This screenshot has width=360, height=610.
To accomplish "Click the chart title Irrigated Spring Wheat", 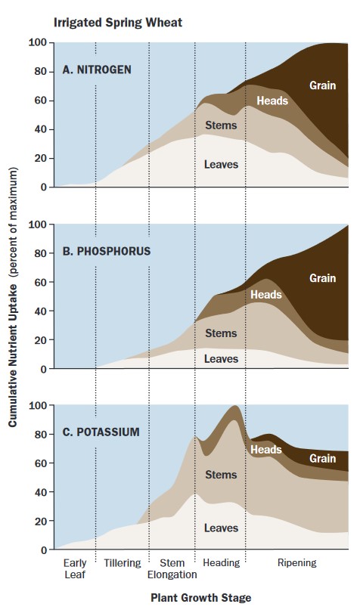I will tap(117, 23).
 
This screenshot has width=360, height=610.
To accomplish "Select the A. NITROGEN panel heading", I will tap(97, 70).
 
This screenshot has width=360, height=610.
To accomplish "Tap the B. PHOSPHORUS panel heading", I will tap(107, 251).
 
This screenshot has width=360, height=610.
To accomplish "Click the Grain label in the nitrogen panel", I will tap(323, 85).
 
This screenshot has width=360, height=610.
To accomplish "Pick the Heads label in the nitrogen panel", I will tap(272, 101).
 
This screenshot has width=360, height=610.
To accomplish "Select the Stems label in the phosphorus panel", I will tap(221, 333).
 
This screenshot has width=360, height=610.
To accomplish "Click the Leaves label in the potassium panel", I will tap(221, 528).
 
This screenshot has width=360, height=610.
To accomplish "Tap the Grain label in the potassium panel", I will tap(323, 459).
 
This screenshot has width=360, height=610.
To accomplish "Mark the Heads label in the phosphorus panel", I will tap(265, 294).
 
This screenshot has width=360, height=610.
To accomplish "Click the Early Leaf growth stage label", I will tap(74, 568).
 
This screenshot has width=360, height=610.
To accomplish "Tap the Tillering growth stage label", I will tap(123, 563).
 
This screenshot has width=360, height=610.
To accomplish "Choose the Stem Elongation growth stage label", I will tap(172, 568).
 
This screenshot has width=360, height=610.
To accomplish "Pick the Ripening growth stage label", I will tap(297, 563).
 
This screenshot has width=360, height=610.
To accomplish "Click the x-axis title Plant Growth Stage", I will tap(200, 597).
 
